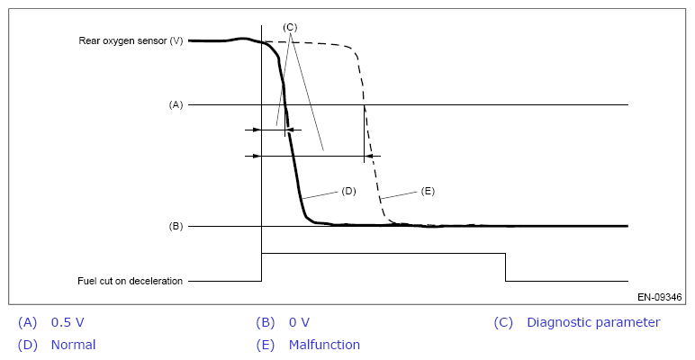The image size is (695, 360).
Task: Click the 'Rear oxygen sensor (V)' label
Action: [x=131, y=40]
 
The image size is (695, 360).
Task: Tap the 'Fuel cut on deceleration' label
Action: [x=131, y=281]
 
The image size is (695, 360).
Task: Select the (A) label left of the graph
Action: [x=176, y=104]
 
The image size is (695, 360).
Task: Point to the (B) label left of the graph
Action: [x=176, y=226]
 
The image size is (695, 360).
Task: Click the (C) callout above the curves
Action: [x=290, y=27]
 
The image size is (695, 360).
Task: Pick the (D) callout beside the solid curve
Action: [x=349, y=191]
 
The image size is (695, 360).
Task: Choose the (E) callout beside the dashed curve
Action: [x=428, y=191]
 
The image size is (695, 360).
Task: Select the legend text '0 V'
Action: [x=300, y=322]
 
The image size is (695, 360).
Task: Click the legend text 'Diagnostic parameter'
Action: [x=593, y=322]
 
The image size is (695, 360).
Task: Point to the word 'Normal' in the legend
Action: [x=73, y=345]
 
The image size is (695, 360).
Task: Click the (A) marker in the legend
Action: [x=27, y=322]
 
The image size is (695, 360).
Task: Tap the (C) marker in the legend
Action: [x=503, y=322]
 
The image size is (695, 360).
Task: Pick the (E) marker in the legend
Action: [x=265, y=345]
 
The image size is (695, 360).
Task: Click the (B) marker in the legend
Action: [x=265, y=322]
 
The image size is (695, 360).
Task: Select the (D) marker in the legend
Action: [x=27, y=345]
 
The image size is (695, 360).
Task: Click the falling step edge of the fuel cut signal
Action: [x=505, y=267]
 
